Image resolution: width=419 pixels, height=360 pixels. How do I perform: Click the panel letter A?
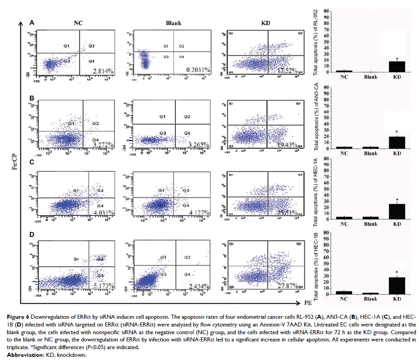tap(32, 22)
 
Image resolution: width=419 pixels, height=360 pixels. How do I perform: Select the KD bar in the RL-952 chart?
tap(397, 67)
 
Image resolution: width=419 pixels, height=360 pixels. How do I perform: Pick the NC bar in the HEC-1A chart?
tap(344, 218)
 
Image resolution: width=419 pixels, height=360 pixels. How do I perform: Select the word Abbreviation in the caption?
tap(21, 355)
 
